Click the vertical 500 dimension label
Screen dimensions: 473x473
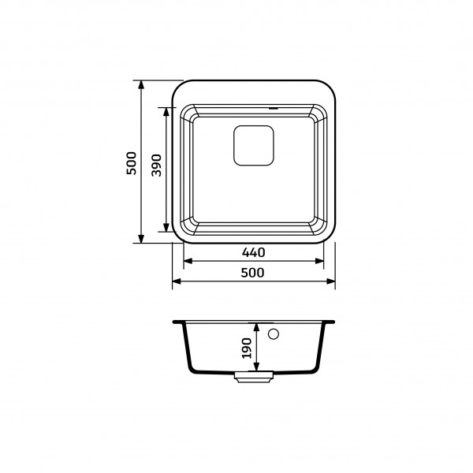pos(132,163)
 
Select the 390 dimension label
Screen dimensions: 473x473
pos(157,166)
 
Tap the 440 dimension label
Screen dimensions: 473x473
pos(253,252)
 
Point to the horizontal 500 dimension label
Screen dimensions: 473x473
pos(253,273)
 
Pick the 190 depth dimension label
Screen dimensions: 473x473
pos(247,348)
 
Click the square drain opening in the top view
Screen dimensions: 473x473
pos(254,145)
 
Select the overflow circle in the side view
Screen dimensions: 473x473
pos(274,334)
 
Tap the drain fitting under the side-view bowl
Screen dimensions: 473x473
pos(254,377)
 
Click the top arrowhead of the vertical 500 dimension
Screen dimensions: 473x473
pos(141,85)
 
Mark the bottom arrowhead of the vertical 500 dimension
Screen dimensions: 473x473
pos(141,239)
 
